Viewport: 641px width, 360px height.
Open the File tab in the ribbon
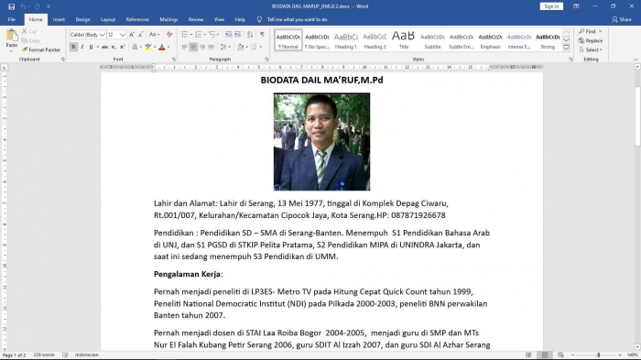pos(12,18)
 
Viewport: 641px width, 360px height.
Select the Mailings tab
pos(168,18)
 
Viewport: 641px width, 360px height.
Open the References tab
pos(137,18)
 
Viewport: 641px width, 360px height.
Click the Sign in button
pos(551,5)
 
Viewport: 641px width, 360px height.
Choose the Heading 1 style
pos(346,40)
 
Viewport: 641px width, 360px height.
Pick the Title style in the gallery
pos(404,40)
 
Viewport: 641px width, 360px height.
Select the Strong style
pos(548,40)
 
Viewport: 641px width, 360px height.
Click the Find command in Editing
pos(589,31)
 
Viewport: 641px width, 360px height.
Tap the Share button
pos(623,18)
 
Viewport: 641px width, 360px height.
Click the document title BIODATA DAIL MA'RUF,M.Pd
pos(320,81)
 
